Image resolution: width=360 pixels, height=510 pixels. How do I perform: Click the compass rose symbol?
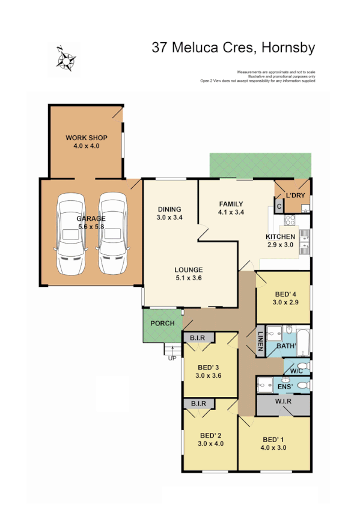(64, 59)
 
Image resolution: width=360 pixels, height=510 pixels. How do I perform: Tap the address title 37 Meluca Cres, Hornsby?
(234, 48)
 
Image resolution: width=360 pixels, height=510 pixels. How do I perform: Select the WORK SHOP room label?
(86, 138)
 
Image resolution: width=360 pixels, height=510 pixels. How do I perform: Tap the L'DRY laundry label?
(294, 196)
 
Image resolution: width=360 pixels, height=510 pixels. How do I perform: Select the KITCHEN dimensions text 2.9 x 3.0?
(280, 245)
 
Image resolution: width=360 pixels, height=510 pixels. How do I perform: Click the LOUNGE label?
(188, 270)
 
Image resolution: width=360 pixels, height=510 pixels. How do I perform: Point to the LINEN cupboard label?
(260, 342)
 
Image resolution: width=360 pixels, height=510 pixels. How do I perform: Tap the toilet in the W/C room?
(302, 366)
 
